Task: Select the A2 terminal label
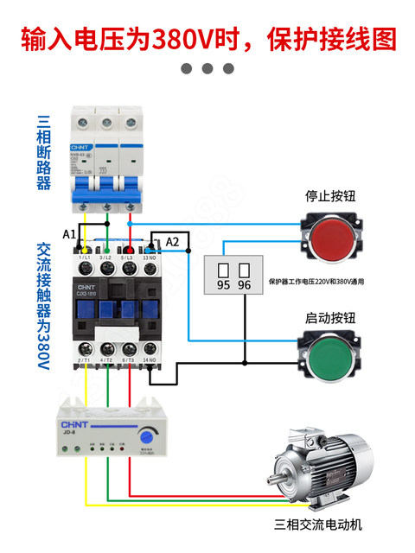(x=173, y=241)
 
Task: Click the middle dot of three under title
(x=207, y=68)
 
